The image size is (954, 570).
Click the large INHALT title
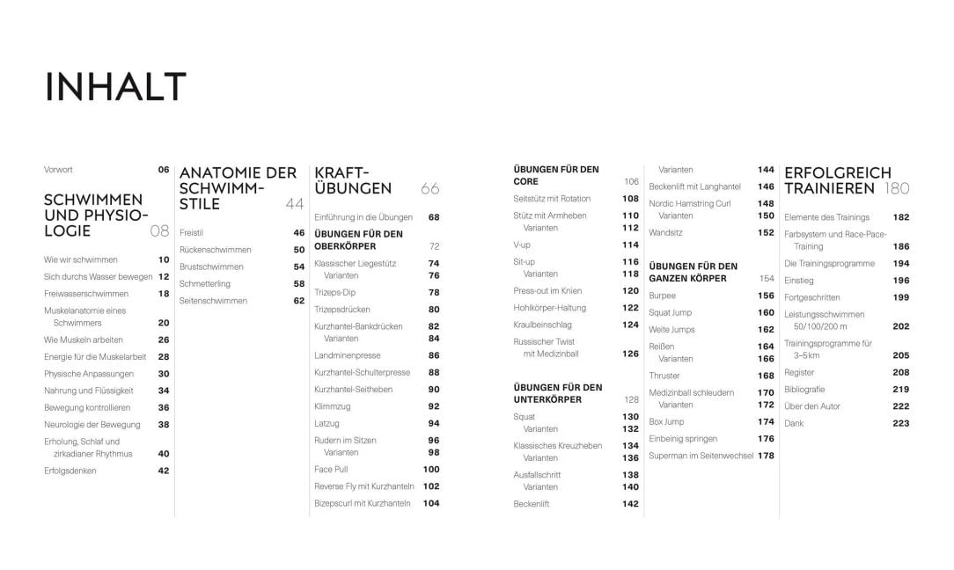pos(115,87)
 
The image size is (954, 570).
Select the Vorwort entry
pos(58,170)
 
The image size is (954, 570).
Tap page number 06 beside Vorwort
pos(164,170)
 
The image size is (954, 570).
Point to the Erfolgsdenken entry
pos(70,471)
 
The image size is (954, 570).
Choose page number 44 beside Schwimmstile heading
pos(295,204)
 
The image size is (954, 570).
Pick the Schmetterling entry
pos(204,284)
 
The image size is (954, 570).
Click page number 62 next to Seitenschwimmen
pos(299,301)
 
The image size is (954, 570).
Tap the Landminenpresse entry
pos(347,355)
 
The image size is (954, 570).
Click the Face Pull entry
pos(331,469)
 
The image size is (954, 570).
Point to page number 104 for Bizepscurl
pos(431,503)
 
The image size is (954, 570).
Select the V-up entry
pos(522,245)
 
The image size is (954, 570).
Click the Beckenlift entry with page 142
pos(532,504)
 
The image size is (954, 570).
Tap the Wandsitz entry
pos(665,233)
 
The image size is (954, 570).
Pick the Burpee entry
pos(662,296)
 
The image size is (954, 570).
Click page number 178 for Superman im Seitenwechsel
pos(767,456)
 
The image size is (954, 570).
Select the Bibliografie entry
pos(804,389)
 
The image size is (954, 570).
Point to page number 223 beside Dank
pos(900,423)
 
